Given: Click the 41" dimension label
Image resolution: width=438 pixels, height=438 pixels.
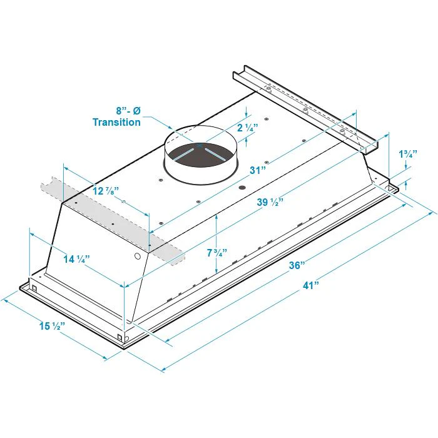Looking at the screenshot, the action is click(x=310, y=285).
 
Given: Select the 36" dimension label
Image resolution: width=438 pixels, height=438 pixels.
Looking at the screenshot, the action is click(x=297, y=265).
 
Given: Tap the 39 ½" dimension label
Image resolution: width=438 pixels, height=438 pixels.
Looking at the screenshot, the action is click(x=270, y=201).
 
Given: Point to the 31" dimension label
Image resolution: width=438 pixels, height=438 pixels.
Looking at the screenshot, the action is click(x=257, y=170).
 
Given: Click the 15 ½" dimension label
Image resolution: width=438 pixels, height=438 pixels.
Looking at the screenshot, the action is click(x=52, y=326).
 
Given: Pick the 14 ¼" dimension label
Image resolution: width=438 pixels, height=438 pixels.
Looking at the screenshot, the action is click(x=76, y=259).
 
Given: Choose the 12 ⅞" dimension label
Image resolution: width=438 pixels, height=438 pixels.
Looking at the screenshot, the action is click(x=106, y=191).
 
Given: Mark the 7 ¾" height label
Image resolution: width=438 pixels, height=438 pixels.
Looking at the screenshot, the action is click(x=216, y=253).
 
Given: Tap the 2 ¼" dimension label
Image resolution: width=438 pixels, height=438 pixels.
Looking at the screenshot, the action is click(x=247, y=128).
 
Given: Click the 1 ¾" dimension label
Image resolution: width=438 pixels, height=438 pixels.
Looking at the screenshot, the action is click(x=408, y=154).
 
